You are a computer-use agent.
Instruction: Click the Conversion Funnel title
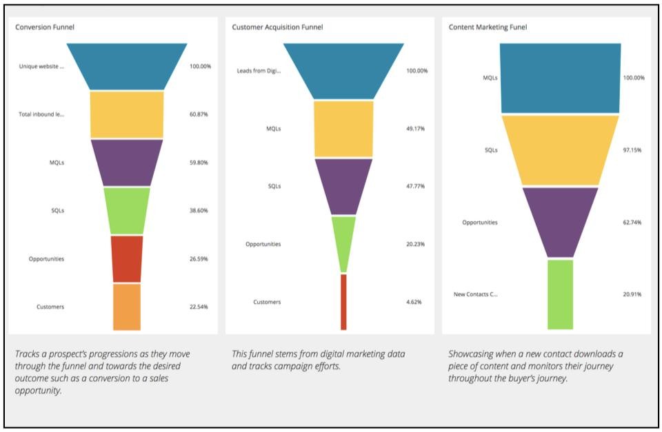(x=45, y=27)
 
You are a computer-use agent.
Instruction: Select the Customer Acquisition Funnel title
(x=277, y=27)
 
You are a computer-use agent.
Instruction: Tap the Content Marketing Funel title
(x=488, y=27)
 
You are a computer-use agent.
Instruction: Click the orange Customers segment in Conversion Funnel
(x=127, y=307)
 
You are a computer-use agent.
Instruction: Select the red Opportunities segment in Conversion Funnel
(x=127, y=258)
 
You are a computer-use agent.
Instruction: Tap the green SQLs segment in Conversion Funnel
(x=127, y=210)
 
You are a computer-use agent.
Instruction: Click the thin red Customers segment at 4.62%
(x=343, y=302)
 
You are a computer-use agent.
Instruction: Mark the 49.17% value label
(x=417, y=129)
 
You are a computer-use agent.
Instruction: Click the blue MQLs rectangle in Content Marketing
(x=560, y=78)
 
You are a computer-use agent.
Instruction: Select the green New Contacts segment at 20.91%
(x=560, y=294)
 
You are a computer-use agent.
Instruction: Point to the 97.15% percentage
(x=632, y=150)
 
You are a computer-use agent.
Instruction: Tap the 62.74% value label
(x=632, y=223)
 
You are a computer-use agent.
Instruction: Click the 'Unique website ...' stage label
(x=41, y=66)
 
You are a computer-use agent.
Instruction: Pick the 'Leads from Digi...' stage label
(x=259, y=71)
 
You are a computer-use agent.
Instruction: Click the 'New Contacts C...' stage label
(x=475, y=294)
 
